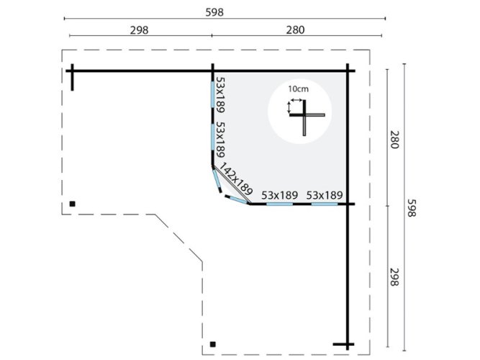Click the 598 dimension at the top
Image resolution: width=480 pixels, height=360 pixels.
click(214, 12)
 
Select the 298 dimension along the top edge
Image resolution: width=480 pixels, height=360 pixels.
click(140, 30)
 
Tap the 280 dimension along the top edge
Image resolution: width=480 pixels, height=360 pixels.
click(295, 30)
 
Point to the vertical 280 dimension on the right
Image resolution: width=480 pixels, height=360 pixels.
click(394, 140)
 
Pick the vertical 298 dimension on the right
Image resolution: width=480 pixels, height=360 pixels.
click(394, 277)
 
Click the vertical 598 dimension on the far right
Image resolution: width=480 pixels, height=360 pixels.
click(412, 208)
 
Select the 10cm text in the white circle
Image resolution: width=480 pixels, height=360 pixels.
click(298, 89)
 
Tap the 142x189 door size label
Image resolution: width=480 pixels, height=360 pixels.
click(236, 179)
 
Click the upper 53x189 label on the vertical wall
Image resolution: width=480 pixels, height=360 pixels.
click(220, 94)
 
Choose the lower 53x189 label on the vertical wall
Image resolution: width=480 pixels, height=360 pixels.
click(220, 140)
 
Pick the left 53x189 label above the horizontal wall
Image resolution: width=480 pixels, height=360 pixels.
click(279, 195)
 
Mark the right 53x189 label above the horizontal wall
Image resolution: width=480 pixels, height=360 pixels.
click(325, 195)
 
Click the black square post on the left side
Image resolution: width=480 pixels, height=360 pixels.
click(72, 204)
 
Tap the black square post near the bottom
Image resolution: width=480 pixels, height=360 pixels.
click(213, 344)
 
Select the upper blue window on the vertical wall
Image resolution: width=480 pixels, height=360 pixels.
click(212, 94)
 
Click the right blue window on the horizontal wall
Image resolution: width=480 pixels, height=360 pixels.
click(325, 204)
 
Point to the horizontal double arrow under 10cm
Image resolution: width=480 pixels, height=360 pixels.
click(296, 100)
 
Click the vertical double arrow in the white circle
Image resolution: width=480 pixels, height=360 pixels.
click(289, 107)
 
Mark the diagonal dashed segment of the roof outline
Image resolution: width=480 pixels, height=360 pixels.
click(178, 238)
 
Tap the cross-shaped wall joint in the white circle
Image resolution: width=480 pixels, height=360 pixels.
click(304, 115)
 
